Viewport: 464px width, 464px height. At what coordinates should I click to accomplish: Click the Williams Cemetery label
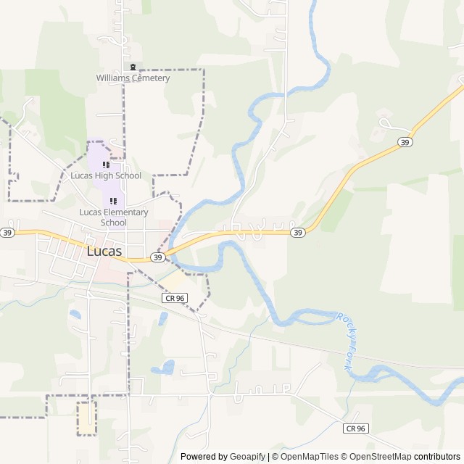[133, 78]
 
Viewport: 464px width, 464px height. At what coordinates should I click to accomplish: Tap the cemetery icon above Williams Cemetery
[133, 67]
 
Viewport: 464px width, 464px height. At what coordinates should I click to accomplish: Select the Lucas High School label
[106, 175]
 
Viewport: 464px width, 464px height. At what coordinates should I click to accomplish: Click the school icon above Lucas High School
[106, 165]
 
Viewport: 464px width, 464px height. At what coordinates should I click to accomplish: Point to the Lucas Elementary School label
[113, 217]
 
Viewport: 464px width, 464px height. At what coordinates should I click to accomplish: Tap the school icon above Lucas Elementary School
[113, 201]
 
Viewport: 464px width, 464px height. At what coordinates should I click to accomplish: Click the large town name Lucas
[104, 252]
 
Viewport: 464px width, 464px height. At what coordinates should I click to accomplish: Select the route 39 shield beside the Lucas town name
[157, 257]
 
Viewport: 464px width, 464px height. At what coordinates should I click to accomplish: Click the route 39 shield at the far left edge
[7, 233]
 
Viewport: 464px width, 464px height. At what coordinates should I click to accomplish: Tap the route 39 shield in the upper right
[405, 143]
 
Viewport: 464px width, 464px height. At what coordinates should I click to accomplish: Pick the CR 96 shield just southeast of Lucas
[174, 298]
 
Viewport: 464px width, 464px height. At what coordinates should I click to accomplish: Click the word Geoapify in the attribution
[247, 457]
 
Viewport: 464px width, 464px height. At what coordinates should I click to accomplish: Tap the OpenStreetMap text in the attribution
[378, 457]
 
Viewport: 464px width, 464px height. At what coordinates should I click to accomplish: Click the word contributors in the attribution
[436, 457]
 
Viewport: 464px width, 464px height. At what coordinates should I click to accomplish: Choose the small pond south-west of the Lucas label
[75, 315]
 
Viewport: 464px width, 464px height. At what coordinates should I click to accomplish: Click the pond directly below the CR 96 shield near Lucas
[164, 318]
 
